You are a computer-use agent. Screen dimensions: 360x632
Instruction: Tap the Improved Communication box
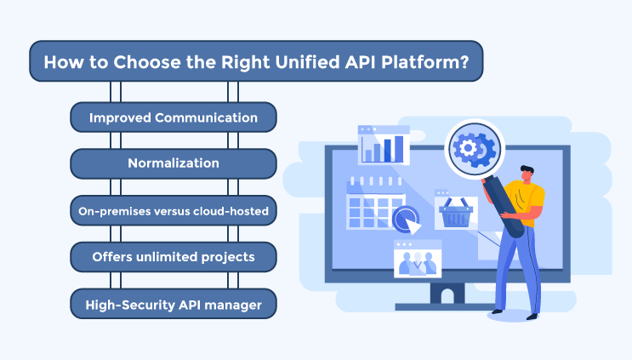[173, 117]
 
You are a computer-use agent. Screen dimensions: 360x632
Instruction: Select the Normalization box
[173, 163]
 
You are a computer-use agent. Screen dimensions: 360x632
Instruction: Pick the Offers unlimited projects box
[173, 256]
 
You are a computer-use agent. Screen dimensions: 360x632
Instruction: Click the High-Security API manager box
[173, 302]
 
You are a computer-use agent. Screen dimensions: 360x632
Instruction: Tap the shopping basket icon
[455, 213]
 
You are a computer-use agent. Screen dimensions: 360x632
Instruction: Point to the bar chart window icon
[384, 146]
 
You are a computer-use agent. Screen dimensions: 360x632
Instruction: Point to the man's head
[526, 173]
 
